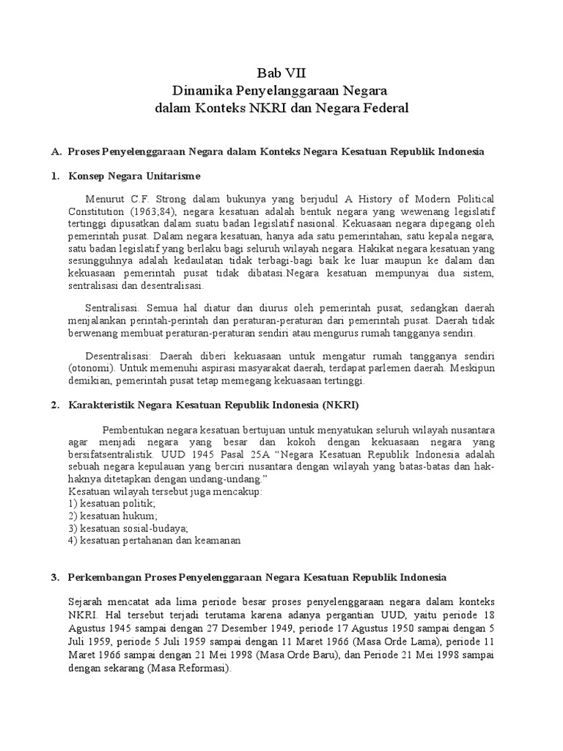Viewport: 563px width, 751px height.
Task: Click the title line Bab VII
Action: (x=281, y=73)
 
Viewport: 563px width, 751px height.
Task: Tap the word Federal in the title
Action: (x=380, y=108)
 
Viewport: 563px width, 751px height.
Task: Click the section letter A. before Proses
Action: (x=55, y=151)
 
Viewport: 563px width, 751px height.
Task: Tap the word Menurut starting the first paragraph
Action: (x=106, y=199)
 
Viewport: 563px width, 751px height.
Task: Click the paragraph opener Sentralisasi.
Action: (x=108, y=309)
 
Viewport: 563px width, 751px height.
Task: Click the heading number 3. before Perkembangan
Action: (x=55, y=577)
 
